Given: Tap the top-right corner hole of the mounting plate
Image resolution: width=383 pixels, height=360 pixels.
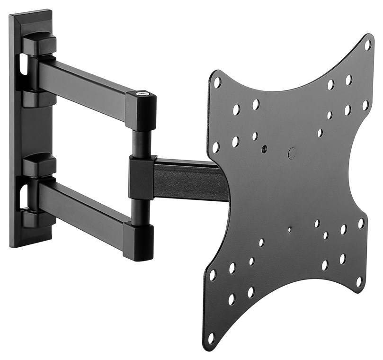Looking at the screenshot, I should (x=367, y=45).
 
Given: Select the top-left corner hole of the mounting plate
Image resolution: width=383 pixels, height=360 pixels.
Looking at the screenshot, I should (x=217, y=82).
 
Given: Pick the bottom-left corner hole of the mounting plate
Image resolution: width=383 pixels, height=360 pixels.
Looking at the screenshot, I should (x=211, y=338).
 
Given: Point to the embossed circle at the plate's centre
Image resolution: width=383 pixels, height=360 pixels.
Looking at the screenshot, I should (x=292, y=153).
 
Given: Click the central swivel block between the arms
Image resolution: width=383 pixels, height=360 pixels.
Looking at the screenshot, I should (x=142, y=177).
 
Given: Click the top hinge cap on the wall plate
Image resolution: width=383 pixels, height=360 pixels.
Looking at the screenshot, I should (x=38, y=42).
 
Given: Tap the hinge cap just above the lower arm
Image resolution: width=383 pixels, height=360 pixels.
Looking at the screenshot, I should (x=38, y=164).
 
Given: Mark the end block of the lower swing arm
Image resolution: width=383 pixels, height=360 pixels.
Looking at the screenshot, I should (x=138, y=241).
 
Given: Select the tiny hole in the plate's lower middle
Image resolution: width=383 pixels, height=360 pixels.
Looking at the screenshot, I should (x=289, y=230).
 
